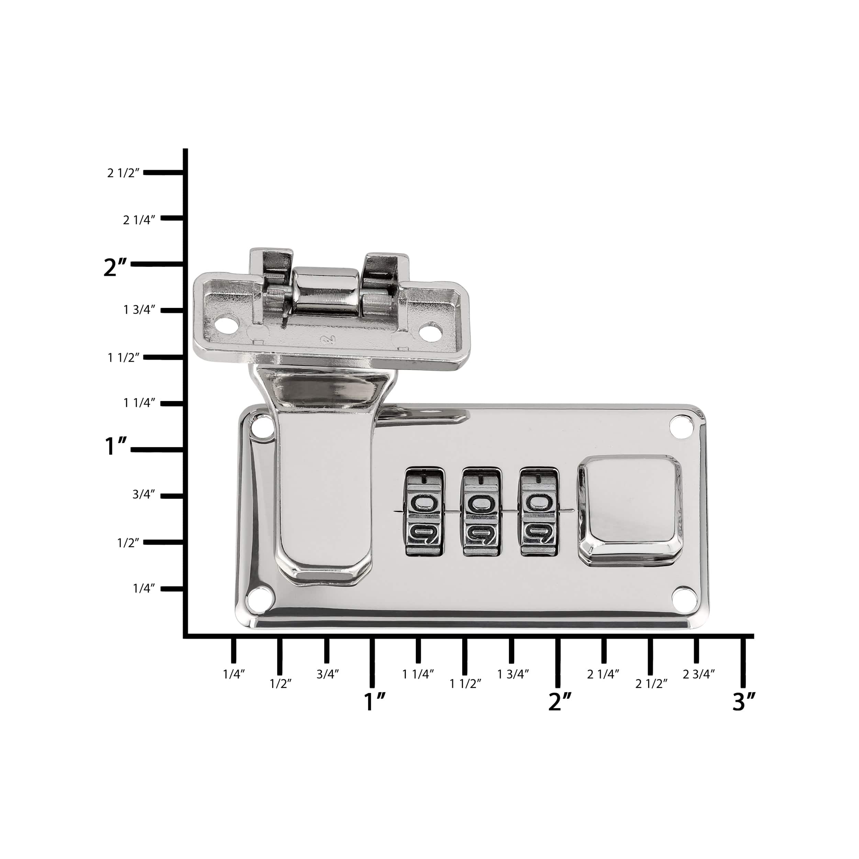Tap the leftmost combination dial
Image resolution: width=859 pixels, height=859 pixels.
point(425,511)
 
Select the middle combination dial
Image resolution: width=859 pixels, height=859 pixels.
point(482,511)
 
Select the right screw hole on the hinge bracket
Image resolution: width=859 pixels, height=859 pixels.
point(431,331)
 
